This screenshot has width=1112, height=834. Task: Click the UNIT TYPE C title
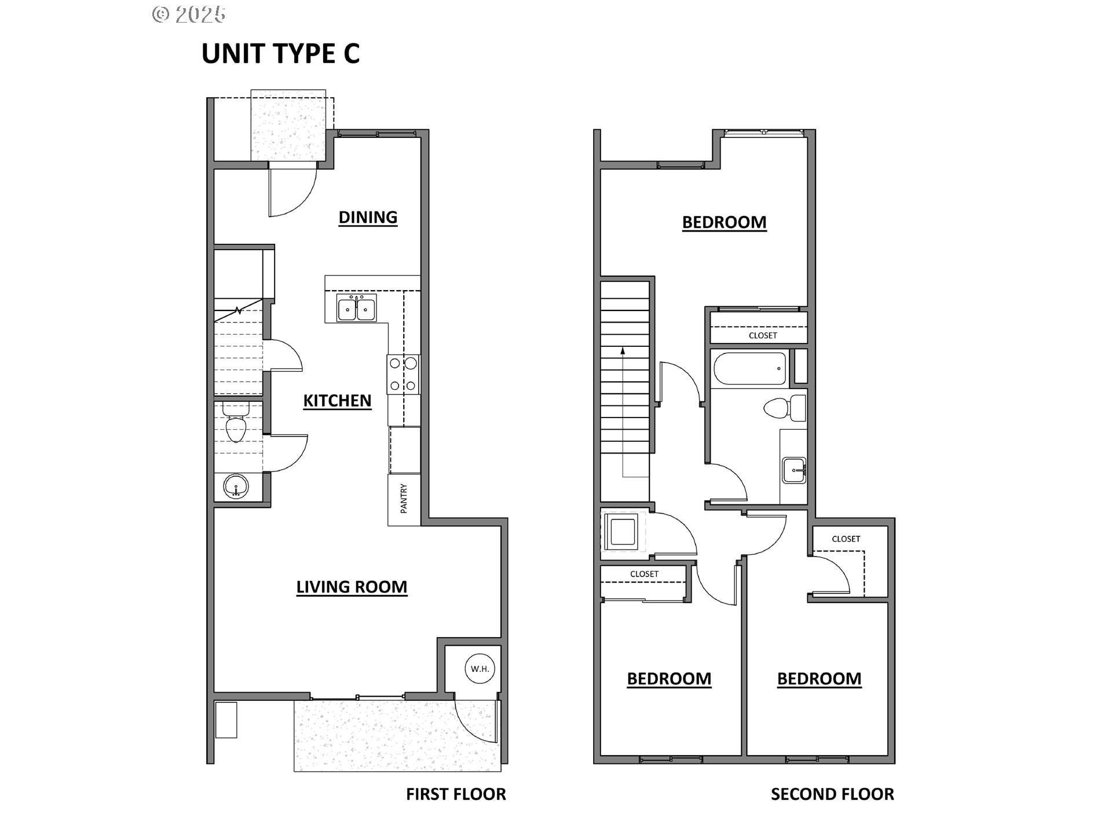click(280, 53)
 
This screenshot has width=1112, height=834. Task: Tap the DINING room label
click(368, 217)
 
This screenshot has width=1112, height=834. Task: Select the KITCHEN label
click(337, 401)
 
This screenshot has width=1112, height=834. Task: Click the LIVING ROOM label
click(352, 587)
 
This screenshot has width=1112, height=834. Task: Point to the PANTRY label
click(404, 499)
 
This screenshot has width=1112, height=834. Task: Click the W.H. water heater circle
click(480, 669)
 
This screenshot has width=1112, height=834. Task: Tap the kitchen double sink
click(356, 308)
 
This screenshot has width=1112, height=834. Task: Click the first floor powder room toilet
click(236, 426)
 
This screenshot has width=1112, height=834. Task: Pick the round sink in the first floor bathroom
click(236, 487)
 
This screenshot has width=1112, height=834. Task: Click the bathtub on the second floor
click(750, 369)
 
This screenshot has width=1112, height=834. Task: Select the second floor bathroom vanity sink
click(793, 470)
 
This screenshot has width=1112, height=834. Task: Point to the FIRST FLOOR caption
click(456, 794)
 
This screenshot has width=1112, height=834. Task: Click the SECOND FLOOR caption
click(832, 794)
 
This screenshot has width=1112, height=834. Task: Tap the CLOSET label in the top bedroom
click(762, 335)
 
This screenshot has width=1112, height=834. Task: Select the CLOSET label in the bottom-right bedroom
click(846, 539)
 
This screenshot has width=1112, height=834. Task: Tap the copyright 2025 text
click(189, 14)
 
